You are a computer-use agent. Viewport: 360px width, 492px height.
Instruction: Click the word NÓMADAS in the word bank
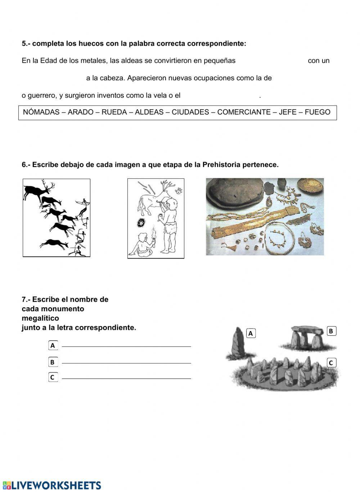(41, 112)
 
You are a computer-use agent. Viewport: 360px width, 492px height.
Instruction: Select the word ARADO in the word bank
(81, 112)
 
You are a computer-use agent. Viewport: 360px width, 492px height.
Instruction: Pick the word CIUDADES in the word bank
(190, 112)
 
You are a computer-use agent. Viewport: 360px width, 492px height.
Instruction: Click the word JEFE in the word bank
(288, 112)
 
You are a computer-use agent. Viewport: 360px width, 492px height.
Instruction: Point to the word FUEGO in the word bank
(318, 112)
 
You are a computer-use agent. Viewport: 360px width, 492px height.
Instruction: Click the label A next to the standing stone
(251, 334)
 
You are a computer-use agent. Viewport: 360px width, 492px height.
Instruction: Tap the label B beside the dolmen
(331, 331)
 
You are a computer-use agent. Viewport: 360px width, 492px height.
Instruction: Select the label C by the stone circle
(331, 363)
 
